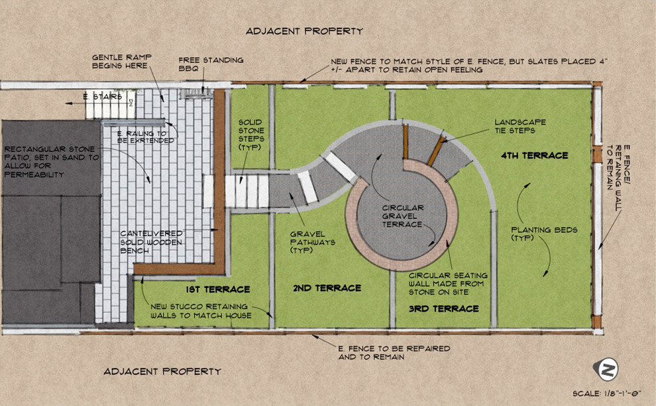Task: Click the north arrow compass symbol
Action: pos(606,369)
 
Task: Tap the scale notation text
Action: pos(606,394)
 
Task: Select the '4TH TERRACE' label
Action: pos(535,155)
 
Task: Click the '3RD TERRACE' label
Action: pos(444,308)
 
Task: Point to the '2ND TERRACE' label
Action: pos(327,288)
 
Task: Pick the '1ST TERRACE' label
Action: pos(218,289)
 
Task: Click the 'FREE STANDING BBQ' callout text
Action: pos(211,64)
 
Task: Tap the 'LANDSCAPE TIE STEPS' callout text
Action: pos(520,126)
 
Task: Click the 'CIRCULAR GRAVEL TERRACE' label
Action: pos(402,216)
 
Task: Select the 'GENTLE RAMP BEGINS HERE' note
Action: pos(122,61)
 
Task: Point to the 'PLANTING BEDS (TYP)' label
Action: pos(544,234)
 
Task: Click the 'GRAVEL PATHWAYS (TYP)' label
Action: pos(307,242)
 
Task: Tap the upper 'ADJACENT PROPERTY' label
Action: pos(305,31)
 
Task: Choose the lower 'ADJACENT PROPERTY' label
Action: pos(162,372)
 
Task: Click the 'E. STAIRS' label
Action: pos(103,97)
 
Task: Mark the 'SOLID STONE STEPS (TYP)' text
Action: pos(251,135)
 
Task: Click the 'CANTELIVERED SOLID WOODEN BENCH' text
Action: pos(152,242)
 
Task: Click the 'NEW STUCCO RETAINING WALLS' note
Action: pos(201,311)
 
